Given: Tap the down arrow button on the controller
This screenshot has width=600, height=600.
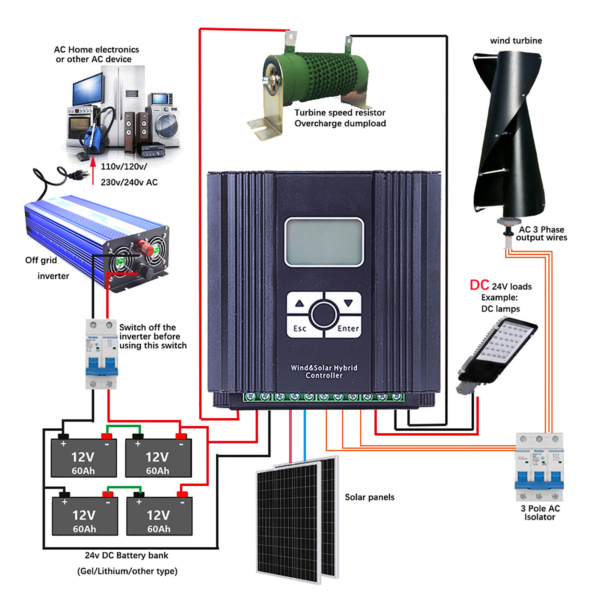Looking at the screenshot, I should pos(348,303).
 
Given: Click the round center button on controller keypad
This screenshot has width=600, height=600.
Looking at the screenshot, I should pos(324,314).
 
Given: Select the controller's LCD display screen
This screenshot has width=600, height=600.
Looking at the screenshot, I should pos(324,242).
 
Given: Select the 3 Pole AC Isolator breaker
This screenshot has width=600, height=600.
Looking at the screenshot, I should pos(539,467).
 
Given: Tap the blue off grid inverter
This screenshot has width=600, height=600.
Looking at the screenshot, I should pos(94,240).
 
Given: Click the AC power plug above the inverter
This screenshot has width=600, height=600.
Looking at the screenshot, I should pos(77,174).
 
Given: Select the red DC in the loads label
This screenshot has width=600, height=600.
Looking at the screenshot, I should pos(479,285).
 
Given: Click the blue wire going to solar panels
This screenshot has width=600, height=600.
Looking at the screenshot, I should pos(304,435).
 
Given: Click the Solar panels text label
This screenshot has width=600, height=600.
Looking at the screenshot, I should pos(369,497).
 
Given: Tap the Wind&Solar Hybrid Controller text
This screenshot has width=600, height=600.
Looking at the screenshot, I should pos(324,372).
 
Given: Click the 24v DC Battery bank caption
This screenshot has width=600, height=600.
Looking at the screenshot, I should pos(126,555).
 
